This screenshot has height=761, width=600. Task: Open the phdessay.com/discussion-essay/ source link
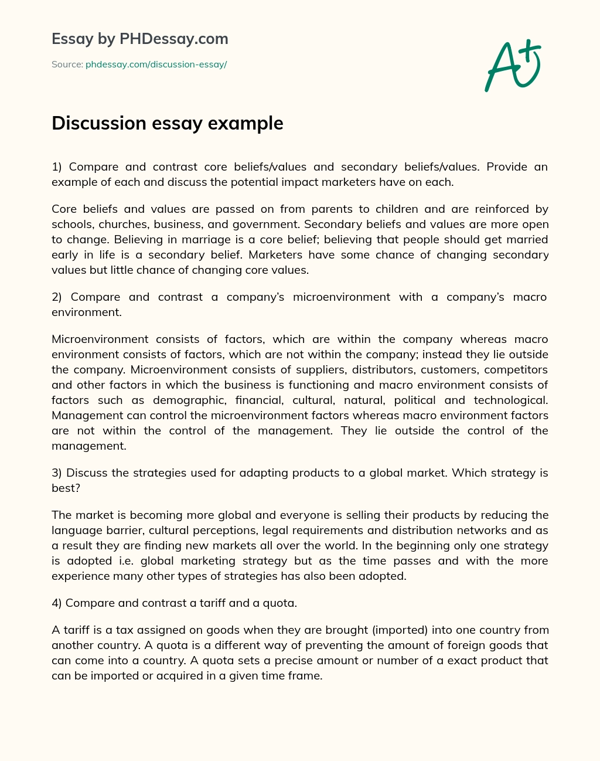pyautogui.click(x=156, y=64)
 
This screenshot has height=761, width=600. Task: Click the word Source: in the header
pyautogui.click(x=67, y=64)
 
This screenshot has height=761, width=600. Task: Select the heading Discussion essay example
pyautogui.click(x=168, y=124)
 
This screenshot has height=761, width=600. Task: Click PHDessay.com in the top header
pyautogui.click(x=174, y=39)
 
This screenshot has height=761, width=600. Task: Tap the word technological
pyautogui.click(x=510, y=400)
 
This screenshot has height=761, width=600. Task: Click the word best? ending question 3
pyautogui.click(x=65, y=488)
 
